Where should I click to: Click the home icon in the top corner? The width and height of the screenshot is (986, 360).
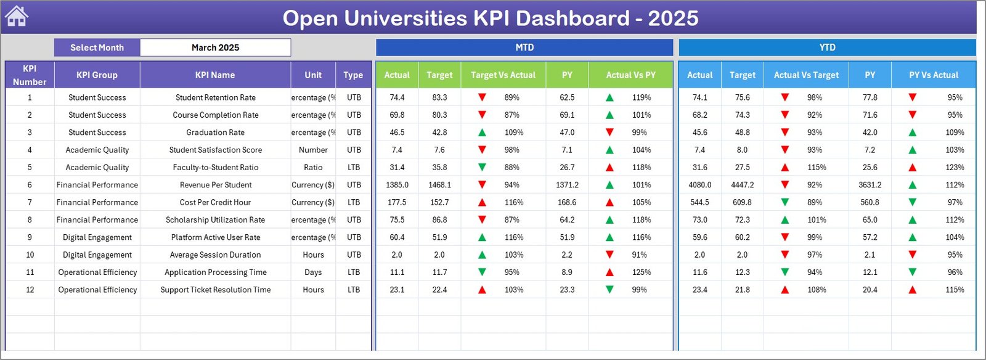(17, 17)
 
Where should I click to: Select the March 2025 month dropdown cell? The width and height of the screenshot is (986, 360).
(215, 47)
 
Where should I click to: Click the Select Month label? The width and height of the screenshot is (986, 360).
(97, 47)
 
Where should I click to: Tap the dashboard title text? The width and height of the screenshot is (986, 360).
(490, 18)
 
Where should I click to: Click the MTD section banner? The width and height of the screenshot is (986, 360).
(524, 47)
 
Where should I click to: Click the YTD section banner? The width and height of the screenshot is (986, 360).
(827, 47)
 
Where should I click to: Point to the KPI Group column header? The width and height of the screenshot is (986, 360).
(97, 75)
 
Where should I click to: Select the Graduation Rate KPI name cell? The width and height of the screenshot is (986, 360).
(215, 133)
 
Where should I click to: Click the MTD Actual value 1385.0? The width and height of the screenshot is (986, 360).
(397, 185)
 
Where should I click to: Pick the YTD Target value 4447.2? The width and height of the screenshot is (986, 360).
(742, 185)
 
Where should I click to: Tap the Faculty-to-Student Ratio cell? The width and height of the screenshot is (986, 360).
(215, 168)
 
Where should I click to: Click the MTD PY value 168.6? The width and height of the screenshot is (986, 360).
(567, 202)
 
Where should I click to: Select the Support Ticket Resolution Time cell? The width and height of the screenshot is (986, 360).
(215, 290)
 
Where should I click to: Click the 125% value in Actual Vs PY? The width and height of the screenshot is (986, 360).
(642, 272)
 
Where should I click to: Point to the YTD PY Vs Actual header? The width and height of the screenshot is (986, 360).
(933, 75)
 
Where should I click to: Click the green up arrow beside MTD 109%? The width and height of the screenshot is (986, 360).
(482, 133)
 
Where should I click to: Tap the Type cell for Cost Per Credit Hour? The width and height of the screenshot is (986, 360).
(354, 202)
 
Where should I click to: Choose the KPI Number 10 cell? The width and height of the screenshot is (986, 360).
(30, 255)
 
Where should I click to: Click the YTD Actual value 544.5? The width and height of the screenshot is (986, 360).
(699, 202)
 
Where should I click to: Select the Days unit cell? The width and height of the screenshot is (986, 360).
(313, 272)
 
